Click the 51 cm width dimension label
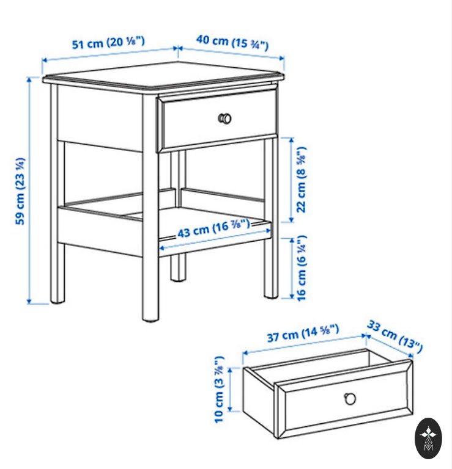108,43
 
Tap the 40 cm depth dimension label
232,43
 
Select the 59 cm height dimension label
20,191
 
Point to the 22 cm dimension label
302,180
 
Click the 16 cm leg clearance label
302,268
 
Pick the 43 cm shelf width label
213,228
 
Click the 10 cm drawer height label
219,389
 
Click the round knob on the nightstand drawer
225,118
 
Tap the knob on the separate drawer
350,398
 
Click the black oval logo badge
428,438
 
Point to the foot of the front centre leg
150,319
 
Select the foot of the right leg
272,296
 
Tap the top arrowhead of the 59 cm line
29,79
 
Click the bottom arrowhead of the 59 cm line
29,302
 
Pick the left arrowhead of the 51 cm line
44,60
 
